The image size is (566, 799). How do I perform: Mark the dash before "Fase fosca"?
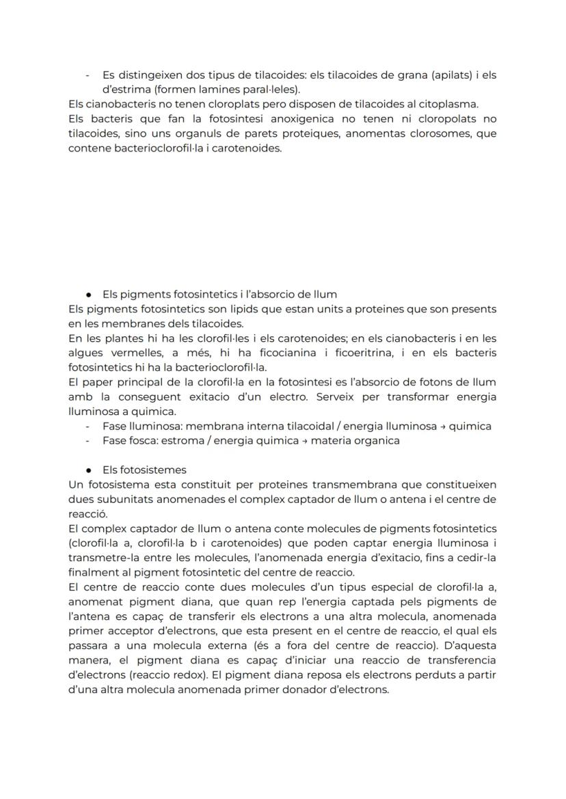point(88,441)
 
